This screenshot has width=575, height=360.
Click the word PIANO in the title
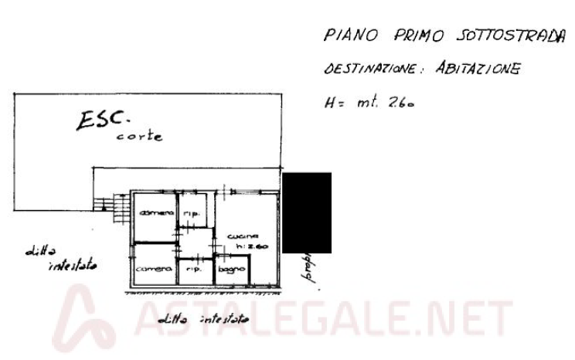tap(344, 36)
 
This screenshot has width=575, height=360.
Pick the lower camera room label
tap(155, 267)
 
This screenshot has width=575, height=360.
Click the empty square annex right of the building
tap(307, 205)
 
